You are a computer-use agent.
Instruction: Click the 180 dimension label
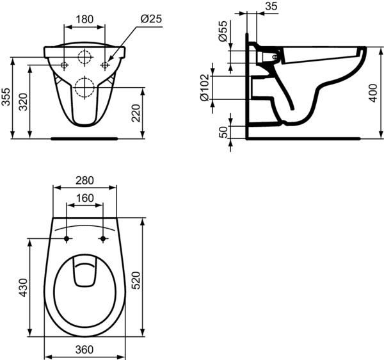coord(84,19)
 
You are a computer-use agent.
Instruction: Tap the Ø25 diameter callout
coord(151,19)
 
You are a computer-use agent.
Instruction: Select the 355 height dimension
coord(6,97)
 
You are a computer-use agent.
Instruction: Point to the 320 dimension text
coord(24,102)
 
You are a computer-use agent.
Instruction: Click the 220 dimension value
coord(136,113)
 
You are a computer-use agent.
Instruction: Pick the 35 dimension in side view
coord(271,6)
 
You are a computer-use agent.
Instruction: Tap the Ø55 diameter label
coord(223,31)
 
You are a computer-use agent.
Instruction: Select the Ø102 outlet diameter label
coord(205,88)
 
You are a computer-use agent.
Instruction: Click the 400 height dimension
coord(373,93)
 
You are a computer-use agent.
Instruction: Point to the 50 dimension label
coord(223,132)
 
